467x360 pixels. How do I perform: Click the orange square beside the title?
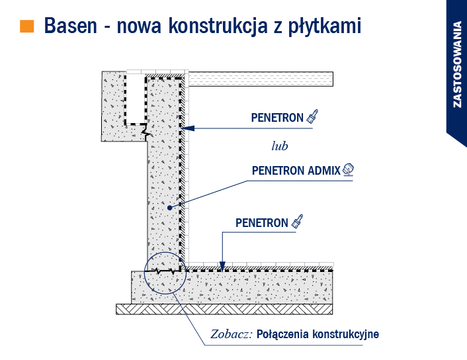point(27,26)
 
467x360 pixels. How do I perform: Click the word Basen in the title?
point(71,26)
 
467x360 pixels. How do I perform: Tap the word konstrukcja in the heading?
point(218,26)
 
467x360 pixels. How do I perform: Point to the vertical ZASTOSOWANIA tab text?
point(456,64)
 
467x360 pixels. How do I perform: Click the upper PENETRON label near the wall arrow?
point(277,118)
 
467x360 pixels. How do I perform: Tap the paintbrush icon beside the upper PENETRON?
point(312,116)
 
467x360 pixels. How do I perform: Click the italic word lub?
point(280,146)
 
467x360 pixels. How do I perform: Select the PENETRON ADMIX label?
point(296,171)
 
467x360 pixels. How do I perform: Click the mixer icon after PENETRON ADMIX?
point(348,169)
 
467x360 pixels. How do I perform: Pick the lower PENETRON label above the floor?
point(262,223)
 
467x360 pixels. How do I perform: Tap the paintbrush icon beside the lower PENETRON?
point(297,222)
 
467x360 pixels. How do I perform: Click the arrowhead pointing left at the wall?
point(187,128)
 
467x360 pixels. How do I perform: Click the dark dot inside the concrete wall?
point(169,208)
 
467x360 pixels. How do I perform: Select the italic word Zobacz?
point(231,334)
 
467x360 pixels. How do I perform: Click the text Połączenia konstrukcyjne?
point(318,334)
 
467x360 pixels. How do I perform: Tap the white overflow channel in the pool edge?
point(136,98)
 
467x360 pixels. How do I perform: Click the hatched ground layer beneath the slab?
point(224,309)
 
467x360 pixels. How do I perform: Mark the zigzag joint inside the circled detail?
point(165,271)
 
